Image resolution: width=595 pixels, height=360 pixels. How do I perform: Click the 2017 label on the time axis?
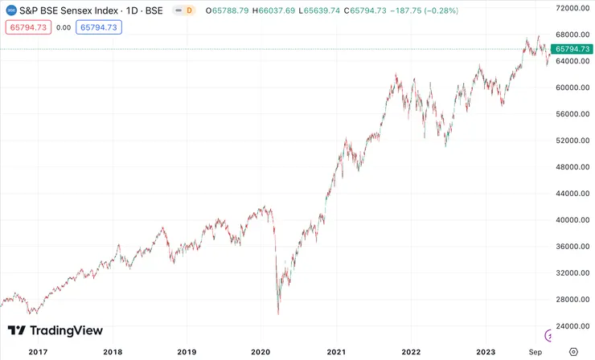[x=39, y=352]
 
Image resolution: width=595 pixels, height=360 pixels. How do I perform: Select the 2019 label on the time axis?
[x=187, y=352]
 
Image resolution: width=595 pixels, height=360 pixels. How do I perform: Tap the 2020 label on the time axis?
[x=261, y=352]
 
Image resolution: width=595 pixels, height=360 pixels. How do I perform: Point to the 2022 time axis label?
[x=411, y=352]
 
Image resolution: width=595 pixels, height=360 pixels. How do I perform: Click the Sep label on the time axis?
[x=535, y=352]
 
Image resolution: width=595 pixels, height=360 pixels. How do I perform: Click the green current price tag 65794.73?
[x=572, y=49]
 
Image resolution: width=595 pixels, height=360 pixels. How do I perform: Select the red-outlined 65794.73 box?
[x=28, y=27]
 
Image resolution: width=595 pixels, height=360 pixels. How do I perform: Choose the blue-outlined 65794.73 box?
[x=99, y=27]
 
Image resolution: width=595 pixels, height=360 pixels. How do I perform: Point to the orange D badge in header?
[x=189, y=10]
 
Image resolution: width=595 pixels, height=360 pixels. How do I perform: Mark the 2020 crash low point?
[x=278, y=313]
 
